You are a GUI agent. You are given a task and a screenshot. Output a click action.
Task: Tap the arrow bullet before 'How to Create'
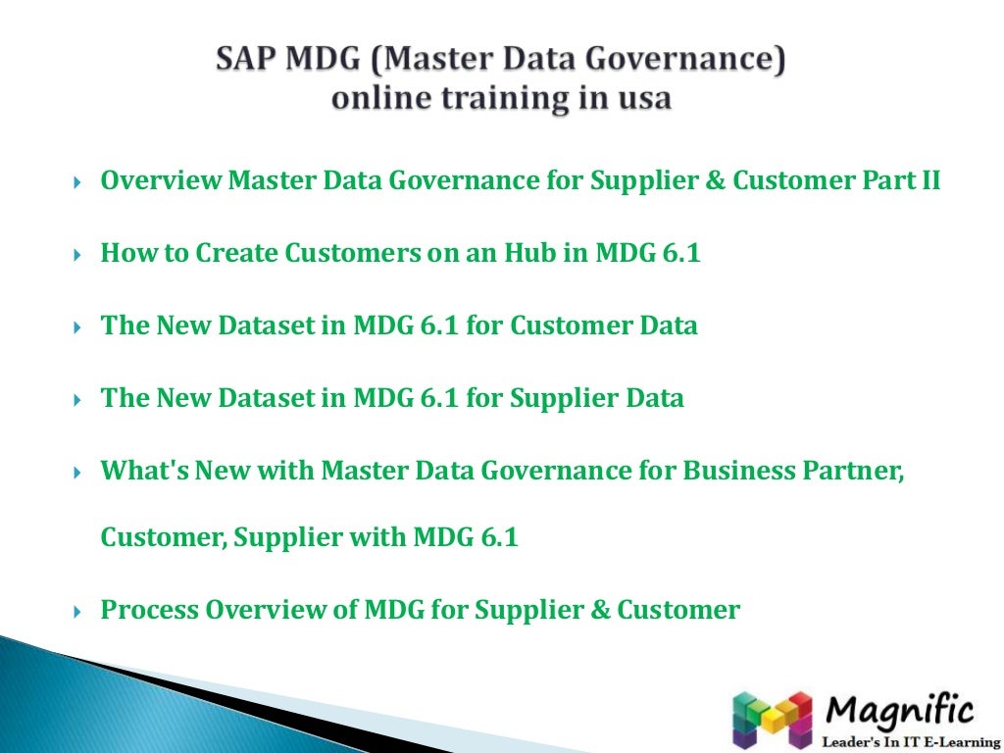tap(78, 255)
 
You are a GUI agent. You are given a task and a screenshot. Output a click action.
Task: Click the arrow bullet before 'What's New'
tap(78, 473)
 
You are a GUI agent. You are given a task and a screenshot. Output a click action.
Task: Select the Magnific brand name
tap(900, 709)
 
